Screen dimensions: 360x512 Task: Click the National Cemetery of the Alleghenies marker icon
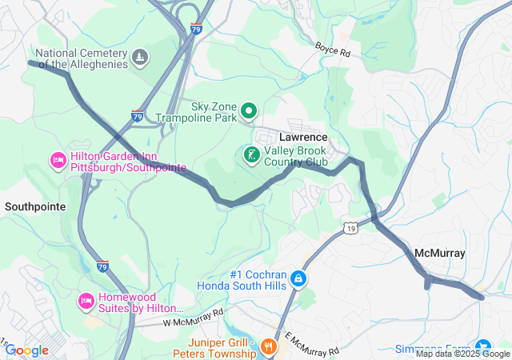[141, 57]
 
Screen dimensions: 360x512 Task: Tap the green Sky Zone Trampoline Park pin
[249, 111]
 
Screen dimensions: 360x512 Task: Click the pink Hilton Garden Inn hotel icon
[58, 161]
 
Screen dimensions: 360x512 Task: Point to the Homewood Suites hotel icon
[86, 301]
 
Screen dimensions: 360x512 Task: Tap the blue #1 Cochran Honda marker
[298, 278]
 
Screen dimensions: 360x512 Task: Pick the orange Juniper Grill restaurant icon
[268, 346]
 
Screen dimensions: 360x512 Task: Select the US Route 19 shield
[351, 229]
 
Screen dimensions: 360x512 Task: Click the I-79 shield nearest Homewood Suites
[102, 266]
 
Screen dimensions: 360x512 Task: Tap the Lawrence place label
[302, 137]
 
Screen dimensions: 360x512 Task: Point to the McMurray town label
[439, 253]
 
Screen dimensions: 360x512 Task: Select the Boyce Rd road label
[332, 50]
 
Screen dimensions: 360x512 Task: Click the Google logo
[26, 350]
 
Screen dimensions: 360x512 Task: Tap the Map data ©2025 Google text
[462, 354]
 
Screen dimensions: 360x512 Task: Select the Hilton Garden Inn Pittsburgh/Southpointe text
[128, 162]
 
